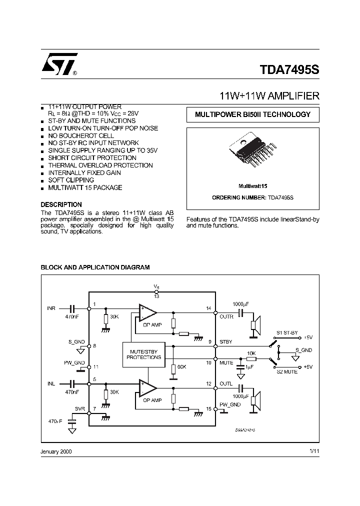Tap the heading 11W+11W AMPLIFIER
270,95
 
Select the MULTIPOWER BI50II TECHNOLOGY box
252,114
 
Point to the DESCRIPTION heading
61,204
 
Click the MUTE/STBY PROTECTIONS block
143,354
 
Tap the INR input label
51,307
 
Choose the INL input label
51,383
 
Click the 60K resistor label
181,367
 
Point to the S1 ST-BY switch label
286,333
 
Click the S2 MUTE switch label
287,371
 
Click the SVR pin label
80,408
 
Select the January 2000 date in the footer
56,451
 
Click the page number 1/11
314,451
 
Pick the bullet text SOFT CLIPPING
71,180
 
